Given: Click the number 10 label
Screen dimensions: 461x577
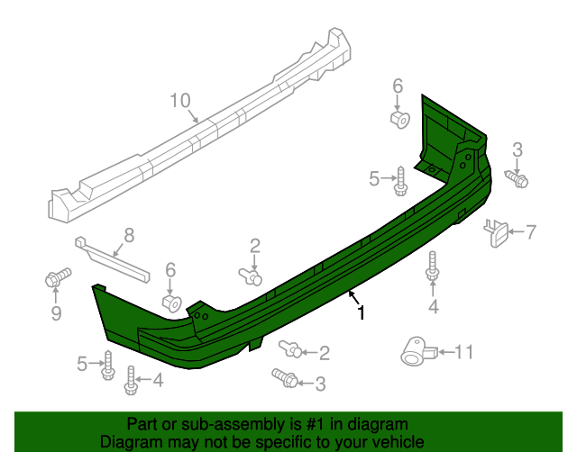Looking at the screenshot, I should click(180, 100).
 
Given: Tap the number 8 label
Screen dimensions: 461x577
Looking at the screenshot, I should click(129, 235).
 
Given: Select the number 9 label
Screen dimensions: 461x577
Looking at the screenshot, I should click(56, 312).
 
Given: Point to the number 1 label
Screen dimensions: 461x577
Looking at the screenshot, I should click(361, 313).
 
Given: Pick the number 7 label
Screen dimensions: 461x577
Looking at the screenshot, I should click(530, 232).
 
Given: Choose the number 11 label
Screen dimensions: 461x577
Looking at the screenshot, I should click(463, 351).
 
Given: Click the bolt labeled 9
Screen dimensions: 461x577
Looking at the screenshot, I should click(56, 279).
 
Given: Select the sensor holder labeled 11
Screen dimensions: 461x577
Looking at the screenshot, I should click(416, 351).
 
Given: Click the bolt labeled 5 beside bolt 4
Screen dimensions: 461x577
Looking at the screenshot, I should click(108, 365).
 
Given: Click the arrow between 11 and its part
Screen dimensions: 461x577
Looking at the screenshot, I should click(442, 351).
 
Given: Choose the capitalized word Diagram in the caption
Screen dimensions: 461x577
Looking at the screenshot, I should click(129, 442).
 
